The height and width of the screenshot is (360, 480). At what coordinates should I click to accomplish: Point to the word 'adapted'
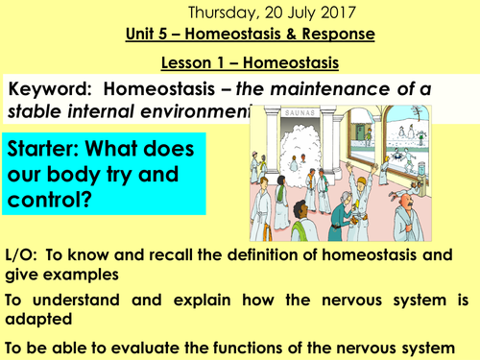pyautogui.click(x=41, y=323)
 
